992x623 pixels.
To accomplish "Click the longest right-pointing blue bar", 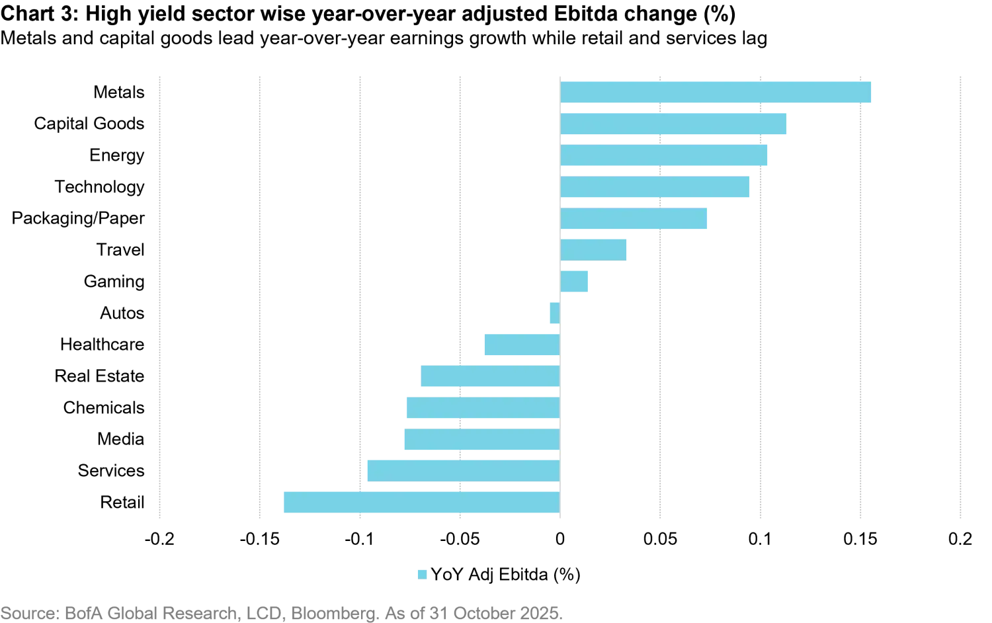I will (x=716, y=93).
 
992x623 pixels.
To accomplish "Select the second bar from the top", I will (x=674, y=124).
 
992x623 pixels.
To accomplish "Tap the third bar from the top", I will (x=666, y=156).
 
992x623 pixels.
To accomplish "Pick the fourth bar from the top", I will (x=655, y=188).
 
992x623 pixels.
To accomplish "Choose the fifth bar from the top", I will (x=634, y=220).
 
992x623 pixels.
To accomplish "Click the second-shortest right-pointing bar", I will (x=595, y=251).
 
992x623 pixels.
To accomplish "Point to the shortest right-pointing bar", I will (x=576, y=283).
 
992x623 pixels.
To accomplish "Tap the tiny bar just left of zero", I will (x=553, y=314).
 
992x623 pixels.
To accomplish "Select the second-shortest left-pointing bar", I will (x=521, y=346).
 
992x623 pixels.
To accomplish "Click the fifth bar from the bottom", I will (x=489, y=378).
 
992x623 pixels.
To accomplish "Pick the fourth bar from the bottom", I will (x=481, y=409).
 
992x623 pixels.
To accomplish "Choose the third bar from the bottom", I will (x=481, y=440).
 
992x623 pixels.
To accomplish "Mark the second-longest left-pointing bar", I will (x=463, y=470).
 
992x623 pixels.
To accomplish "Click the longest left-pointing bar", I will (x=420, y=501).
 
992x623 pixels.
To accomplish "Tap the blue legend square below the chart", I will (x=421, y=574).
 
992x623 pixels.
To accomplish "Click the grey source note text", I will (x=281, y=613).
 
